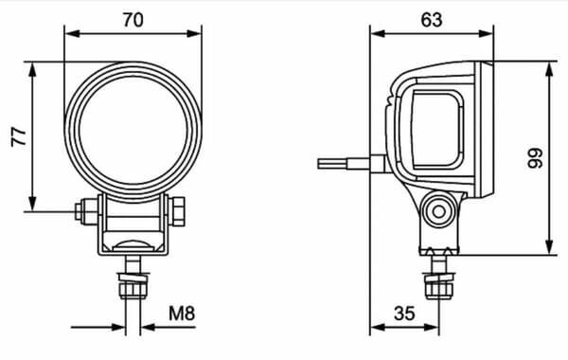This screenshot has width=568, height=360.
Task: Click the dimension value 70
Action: [x=133, y=20]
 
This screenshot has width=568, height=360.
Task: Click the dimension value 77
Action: [x=19, y=136]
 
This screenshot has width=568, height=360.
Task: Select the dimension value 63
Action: [x=432, y=20]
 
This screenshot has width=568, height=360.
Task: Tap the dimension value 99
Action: [x=535, y=158]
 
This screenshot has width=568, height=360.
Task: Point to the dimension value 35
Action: [x=404, y=314]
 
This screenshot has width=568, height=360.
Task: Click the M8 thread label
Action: [x=182, y=314]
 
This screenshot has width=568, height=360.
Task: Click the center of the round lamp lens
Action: [x=133, y=131]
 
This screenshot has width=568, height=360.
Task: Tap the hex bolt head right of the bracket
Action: [x=177, y=211]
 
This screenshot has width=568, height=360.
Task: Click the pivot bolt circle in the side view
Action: [x=439, y=211]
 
